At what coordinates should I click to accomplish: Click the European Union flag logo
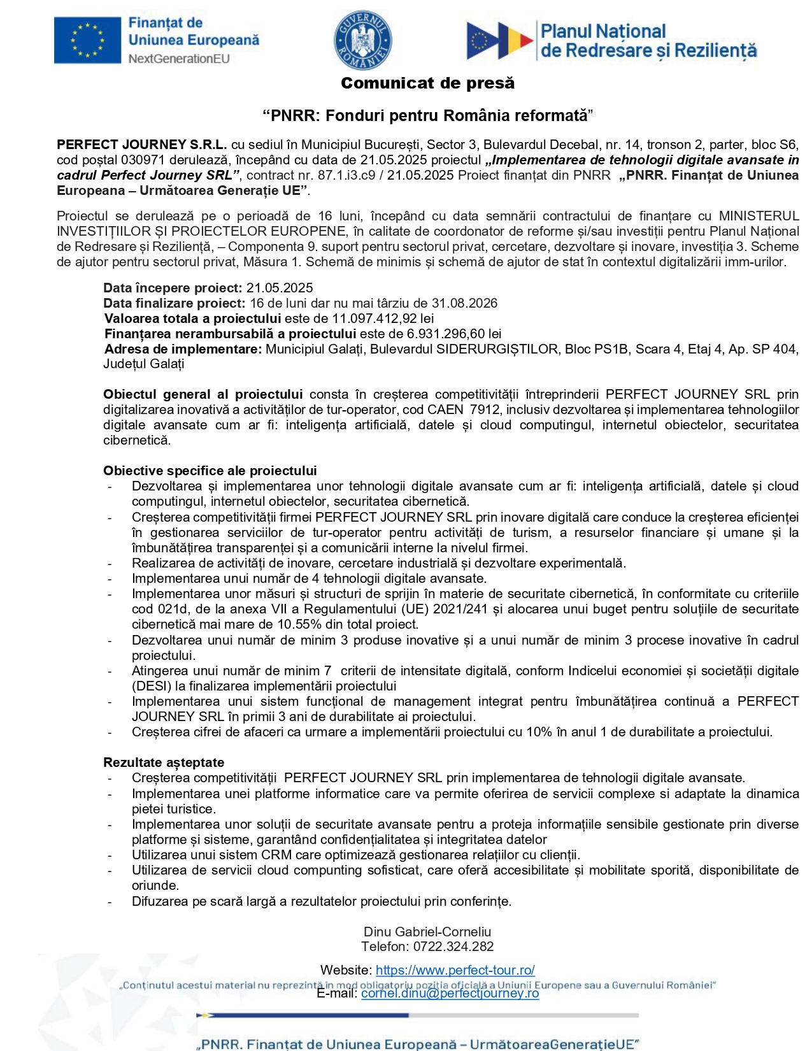tap(87, 40)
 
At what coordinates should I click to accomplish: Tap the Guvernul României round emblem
tap(362, 41)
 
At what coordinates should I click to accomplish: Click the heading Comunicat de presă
tap(427, 83)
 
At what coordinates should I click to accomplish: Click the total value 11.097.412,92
tap(374, 318)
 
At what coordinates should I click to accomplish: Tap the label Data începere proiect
tap(173, 288)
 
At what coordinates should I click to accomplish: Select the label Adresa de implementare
tap(183, 349)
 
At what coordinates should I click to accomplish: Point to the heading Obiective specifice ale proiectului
tap(210, 471)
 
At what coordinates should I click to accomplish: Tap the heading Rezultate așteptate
tap(164, 762)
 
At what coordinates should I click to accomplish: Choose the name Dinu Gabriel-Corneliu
tap(427, 932)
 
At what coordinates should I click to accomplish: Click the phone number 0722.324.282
tap(453, 947)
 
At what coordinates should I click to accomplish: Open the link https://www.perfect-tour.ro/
tap(455, 970)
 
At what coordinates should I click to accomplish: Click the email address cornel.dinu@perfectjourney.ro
tap(450, 993)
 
